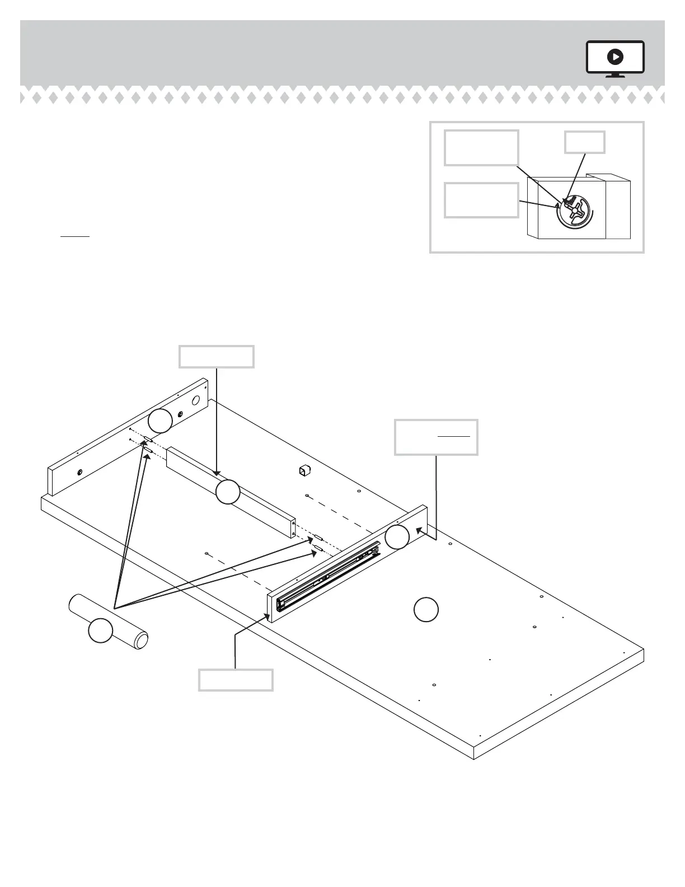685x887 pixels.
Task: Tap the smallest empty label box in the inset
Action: pos(584,142)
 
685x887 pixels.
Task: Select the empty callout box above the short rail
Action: pos(217,357)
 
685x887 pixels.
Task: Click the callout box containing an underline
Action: pos(436,437)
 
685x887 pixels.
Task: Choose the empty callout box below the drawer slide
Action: pos(236,680)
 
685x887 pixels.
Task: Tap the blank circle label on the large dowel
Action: pos(101,631)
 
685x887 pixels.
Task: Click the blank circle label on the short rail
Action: pos(228,492)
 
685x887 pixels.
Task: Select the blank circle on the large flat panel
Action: pos(426,609)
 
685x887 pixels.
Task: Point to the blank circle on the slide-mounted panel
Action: pos(397,537)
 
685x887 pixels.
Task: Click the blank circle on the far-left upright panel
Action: pos(160,420)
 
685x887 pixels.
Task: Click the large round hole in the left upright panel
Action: pos(196,400)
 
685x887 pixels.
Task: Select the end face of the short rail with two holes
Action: pos(293,526)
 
